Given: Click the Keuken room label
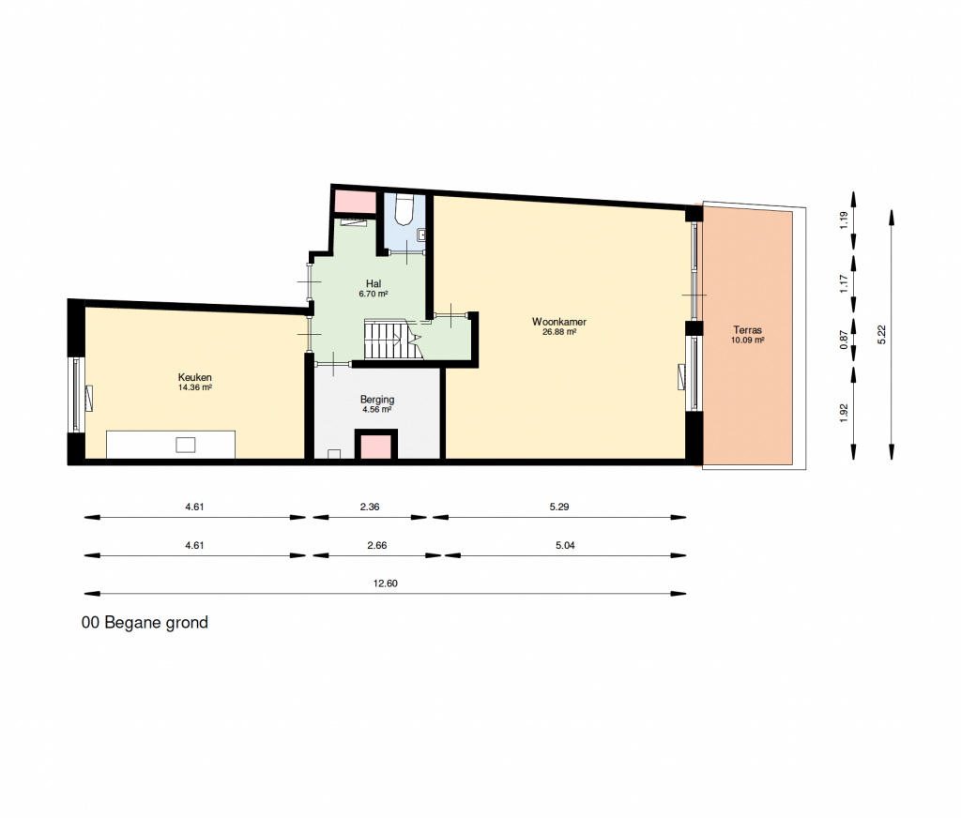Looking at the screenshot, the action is (195, 377).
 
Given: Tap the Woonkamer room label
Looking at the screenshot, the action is (559, 322).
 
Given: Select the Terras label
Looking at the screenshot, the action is (747, 330).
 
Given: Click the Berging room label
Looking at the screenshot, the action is (377, 400).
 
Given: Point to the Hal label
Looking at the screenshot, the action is (374, 283).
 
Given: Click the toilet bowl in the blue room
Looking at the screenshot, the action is (404, 209).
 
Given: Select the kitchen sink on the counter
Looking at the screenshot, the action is (186, 445).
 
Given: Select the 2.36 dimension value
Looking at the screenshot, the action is (370, 507).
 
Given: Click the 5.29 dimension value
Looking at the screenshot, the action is (559, 507).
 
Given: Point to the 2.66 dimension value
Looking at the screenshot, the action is (377, 545).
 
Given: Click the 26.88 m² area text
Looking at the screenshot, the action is (559, 332).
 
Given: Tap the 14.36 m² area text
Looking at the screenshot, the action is (195, 387).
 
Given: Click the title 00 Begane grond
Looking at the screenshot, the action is (145, 623).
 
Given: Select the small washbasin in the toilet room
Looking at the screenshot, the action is (421, 235).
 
